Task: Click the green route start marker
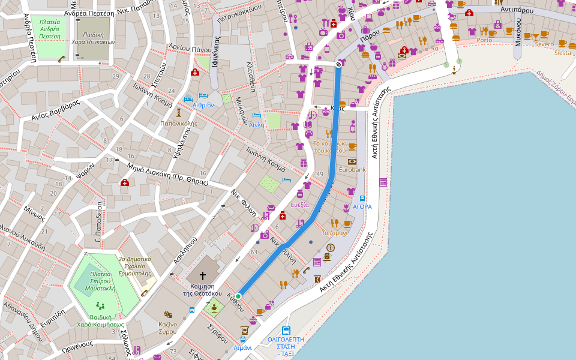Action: tap(238, 296)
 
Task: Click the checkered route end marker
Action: tap(338, 64)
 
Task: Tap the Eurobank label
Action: tap(352, 170)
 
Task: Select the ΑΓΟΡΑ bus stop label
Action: tap(362, 206)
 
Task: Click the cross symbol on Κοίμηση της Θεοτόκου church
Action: tap(203, 276)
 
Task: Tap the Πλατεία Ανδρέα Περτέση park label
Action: tap(50, 29)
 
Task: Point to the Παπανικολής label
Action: tap(178, 123)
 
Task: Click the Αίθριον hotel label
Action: tap(203, 105)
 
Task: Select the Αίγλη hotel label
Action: tap(256, 124)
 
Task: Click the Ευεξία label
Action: tap(299, 205)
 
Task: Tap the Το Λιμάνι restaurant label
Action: tap(335, 233)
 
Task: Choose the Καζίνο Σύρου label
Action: tap(167, 328)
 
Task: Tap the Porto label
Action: tap(484, 40)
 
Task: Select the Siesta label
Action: tap(563, 53)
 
